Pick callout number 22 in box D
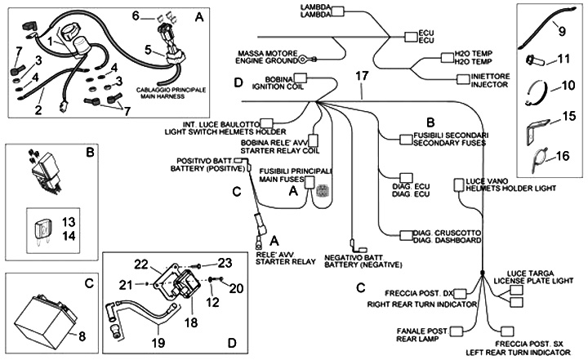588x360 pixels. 142,264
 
